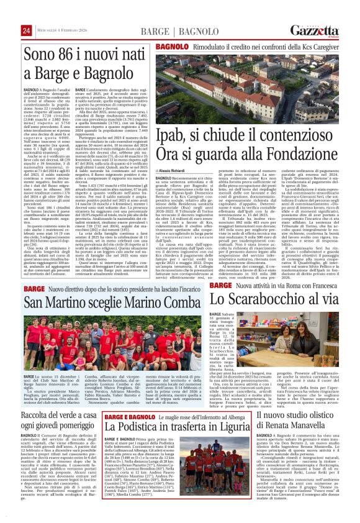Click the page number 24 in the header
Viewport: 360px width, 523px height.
point(26,31)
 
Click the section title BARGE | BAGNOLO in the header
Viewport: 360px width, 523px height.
point(171,31)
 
